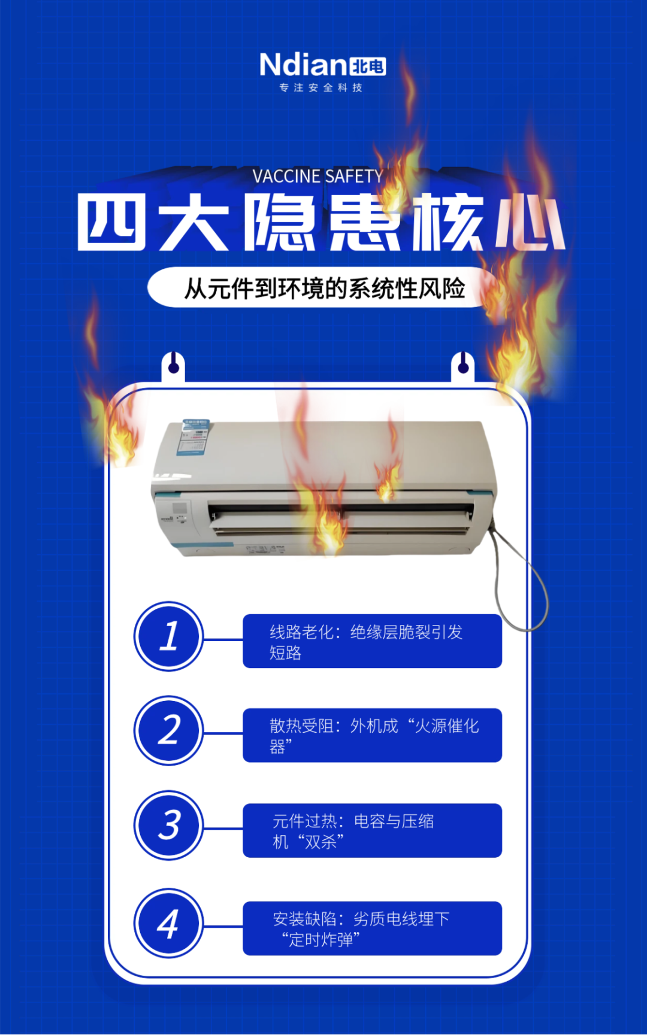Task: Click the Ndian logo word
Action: [303, 65]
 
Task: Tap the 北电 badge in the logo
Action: [367, 66]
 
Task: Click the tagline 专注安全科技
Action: [321, 88]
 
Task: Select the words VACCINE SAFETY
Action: [318, 176]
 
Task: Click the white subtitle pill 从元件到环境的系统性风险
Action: [323, 288]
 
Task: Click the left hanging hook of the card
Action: [173, 366]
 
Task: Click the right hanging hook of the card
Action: [462, 366]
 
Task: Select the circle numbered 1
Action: [169, 636]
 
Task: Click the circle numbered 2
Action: [169, 730]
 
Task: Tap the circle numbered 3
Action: [169, 825]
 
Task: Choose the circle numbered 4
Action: [169, 923]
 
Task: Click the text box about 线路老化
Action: [372, 641]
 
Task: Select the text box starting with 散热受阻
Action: [372, 736]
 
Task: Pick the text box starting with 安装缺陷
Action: [372, 928]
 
